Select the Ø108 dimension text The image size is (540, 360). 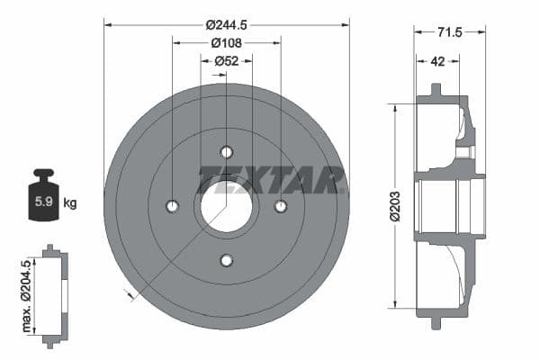tap(226, 41)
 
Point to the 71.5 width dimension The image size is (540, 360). tap(449, 32)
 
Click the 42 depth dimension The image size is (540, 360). tap(437, 61)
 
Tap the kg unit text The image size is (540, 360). tap(70, 202)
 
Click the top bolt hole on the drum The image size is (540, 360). tap(226, 151)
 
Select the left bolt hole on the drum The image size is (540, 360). tap(173, 206)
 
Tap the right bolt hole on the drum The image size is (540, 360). tap(280, 206)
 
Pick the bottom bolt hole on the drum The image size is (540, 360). tap(226, 261)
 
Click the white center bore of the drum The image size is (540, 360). tap(226, 206)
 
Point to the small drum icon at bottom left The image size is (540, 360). tap(55, 294)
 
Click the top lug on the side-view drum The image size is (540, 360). tap(436, 92)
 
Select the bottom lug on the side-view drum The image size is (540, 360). tap(436, 321)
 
